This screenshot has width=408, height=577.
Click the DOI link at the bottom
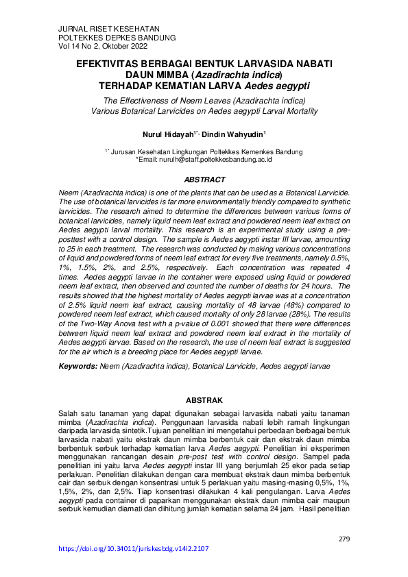click(x=133, y=548)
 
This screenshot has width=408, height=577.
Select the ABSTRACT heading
click(x=204, y=180)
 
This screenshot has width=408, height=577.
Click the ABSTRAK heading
click(x=204, y=400)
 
